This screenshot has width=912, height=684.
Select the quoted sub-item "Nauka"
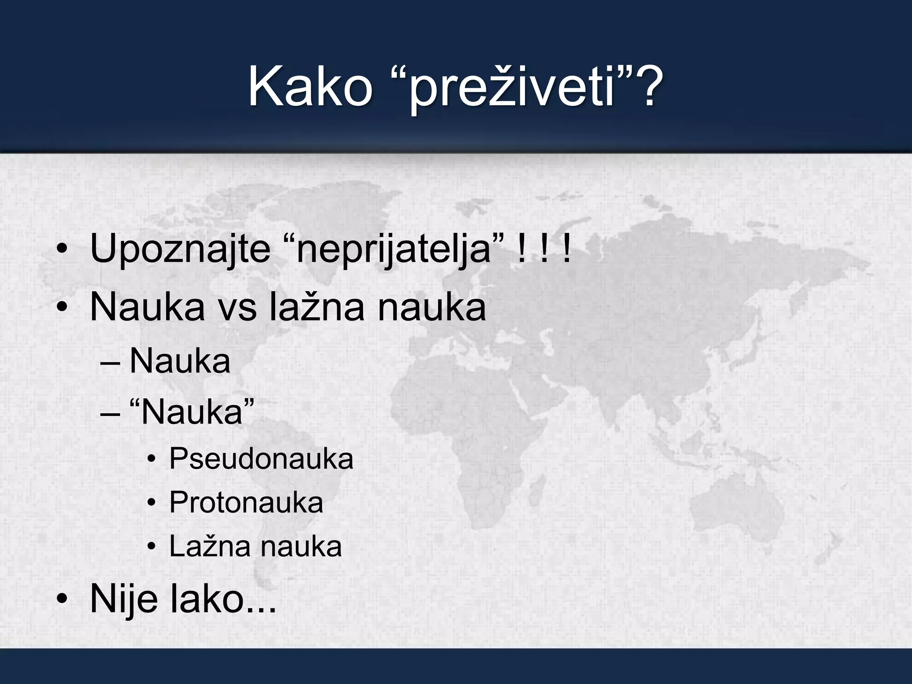pos(191,412)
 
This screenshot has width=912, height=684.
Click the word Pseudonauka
pos(261,459)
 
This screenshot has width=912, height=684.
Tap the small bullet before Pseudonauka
pos(152,460)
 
